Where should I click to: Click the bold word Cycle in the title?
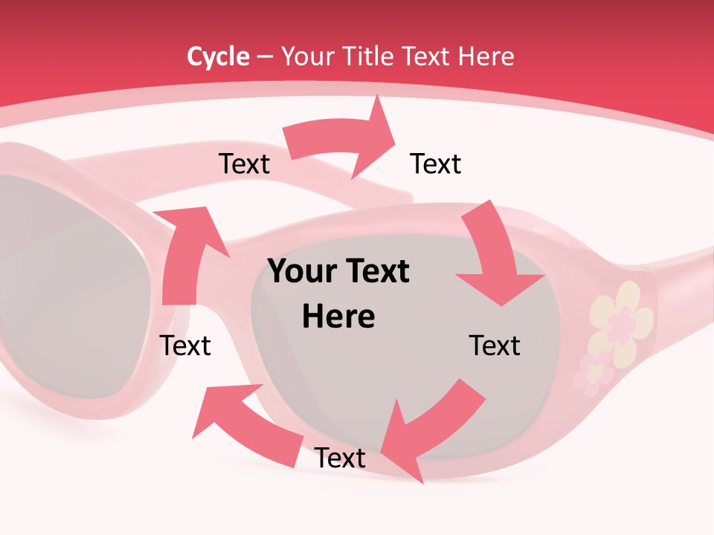pos(218,56)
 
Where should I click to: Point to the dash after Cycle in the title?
pos(265,57)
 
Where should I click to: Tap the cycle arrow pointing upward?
pos(186,253)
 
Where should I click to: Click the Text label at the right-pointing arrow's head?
pos(436,163)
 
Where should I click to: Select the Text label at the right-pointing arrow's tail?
pos(244,163)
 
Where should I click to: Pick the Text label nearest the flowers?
pos(495,346)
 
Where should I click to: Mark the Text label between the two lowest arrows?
pos(340,458)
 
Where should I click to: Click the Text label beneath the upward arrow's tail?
pos(185,346)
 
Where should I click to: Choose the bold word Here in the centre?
pos(338,317)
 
